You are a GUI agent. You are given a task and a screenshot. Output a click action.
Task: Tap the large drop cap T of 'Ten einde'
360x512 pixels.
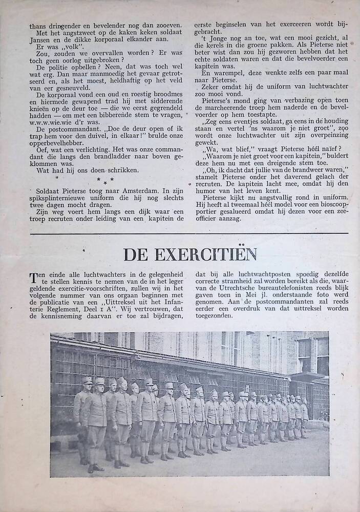pos(33,279)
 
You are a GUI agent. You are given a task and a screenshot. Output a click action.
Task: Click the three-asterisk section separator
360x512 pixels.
pos(105,180)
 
